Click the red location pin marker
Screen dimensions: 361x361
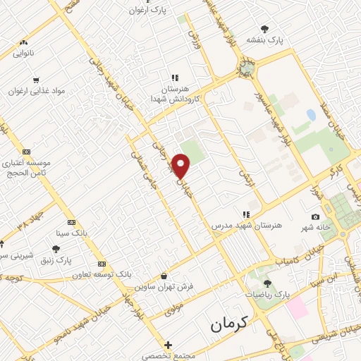(x=182, y=166)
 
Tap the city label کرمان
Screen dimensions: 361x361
(x=230, y=324)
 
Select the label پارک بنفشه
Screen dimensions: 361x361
(x=264, y=41)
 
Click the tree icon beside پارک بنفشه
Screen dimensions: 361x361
(x=264, y=29)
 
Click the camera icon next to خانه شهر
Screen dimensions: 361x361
(x=314, y=216)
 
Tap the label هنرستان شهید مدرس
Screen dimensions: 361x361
(x=246, y=226)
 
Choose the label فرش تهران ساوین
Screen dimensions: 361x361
(x=164, y=287)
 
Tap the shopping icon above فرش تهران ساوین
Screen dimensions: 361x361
(x=164, y=276)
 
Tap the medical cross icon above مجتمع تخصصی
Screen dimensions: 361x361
(x=167, y=345)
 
